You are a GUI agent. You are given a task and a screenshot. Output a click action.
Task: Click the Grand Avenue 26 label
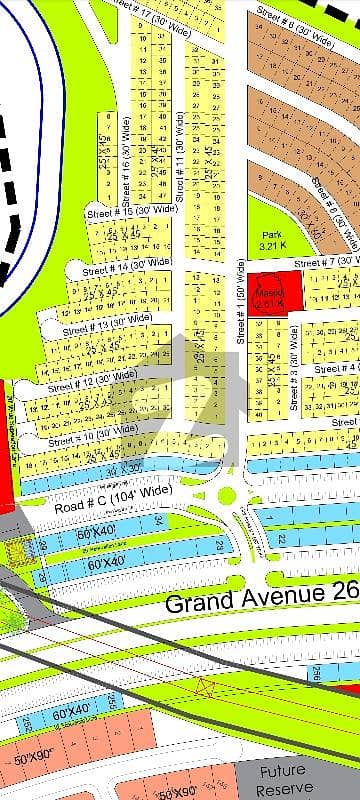[262, 601]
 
